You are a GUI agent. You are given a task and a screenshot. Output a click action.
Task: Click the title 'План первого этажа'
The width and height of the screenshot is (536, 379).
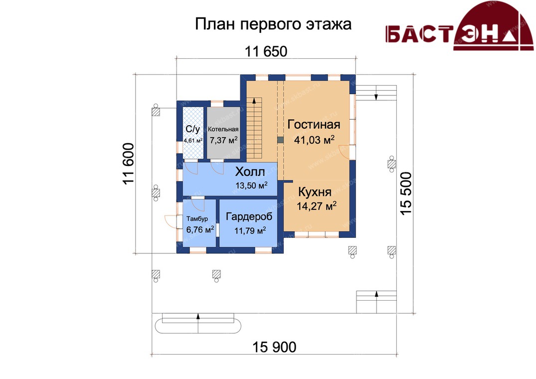pos(273,24)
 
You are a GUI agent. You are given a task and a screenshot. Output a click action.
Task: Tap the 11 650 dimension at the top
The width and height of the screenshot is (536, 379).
pos(266,51)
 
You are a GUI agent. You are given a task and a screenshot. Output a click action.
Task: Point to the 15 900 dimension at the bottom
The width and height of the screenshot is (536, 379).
pos(274,347)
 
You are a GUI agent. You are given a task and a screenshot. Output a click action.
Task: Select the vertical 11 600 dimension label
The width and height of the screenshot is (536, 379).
pos(129,164)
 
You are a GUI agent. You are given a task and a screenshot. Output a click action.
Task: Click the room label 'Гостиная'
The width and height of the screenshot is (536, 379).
pos(314,124)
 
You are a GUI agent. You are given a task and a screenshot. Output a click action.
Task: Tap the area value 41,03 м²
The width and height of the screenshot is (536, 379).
pos(314,140)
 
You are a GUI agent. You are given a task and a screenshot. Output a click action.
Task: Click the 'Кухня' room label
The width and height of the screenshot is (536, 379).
pos(315,191)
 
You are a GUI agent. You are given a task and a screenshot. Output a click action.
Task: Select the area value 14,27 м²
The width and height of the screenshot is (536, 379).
pos(317,206)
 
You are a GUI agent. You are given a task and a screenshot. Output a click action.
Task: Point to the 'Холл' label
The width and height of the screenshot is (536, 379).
pos(250,172)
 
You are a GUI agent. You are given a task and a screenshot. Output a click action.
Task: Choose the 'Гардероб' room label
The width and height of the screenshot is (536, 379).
pos(249,216)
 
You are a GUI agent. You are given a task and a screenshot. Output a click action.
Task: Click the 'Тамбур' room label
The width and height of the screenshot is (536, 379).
pos(197,219)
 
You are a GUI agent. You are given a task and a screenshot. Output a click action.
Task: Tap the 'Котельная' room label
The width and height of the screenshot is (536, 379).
pos(223,129)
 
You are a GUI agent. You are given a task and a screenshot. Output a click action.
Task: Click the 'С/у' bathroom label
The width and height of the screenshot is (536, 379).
pos(192,129)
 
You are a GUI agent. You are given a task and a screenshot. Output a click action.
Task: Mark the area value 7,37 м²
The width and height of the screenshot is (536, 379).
pos(223,140)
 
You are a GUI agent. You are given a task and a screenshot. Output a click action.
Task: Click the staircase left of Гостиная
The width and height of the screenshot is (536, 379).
pos(254,128)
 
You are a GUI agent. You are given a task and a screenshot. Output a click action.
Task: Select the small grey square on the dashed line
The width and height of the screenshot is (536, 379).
pos(280,140)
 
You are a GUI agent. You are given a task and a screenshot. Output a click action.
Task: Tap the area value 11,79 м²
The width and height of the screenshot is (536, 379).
pos(250,230)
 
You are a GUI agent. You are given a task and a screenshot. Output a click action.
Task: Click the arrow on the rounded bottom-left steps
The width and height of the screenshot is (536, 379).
pos(198,323)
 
